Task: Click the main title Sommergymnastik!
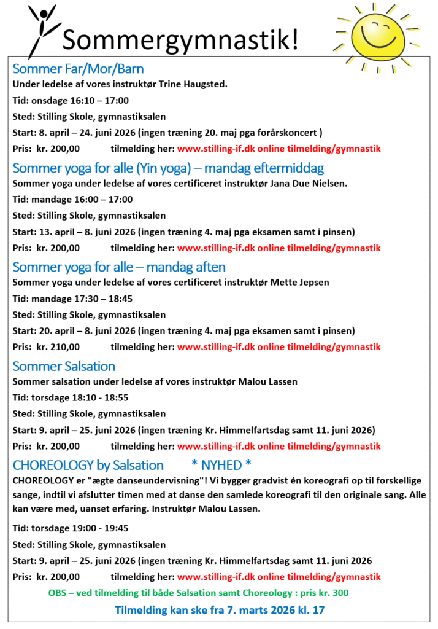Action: click(182, 40)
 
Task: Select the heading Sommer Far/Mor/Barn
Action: click(78, 68)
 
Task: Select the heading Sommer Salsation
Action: click(64, 366)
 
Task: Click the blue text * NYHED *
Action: click(221, 465)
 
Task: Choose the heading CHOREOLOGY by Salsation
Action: click(88, 465)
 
